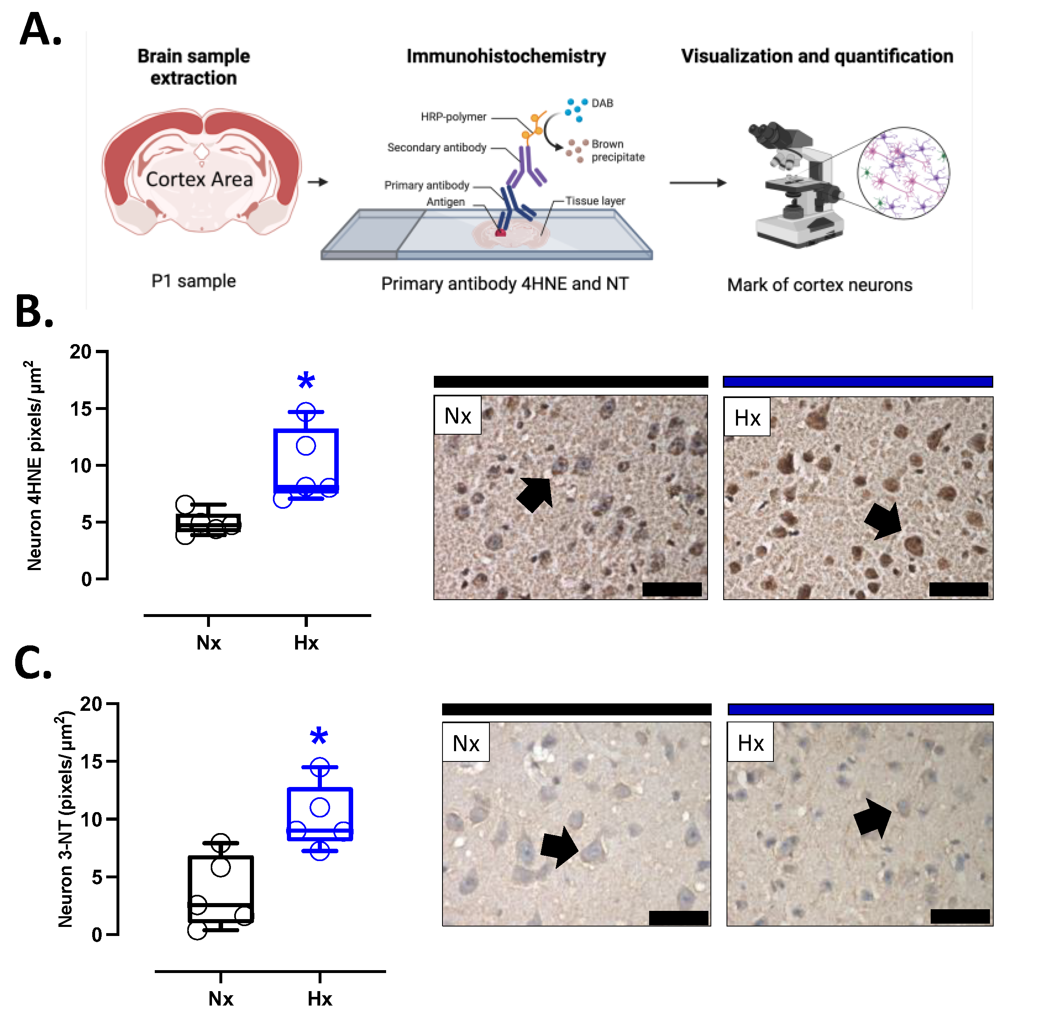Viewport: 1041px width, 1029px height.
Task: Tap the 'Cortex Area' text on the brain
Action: (199, 179)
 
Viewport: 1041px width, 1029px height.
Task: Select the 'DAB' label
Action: (602, 103)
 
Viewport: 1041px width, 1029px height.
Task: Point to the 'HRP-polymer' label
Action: (453, 117)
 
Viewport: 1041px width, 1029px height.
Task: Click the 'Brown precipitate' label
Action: (617, 151)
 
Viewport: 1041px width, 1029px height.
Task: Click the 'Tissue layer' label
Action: (595, 201)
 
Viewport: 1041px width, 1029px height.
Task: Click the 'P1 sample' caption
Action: (193, 281)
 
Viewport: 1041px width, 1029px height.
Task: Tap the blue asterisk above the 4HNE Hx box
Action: (305, 380)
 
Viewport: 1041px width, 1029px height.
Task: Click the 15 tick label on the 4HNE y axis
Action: (80, 409)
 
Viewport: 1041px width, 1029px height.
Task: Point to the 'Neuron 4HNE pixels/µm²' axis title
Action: (34, 466)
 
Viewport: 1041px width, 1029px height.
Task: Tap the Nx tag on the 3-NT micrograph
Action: (466, 743)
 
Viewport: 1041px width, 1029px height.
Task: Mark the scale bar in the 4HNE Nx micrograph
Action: (671, 589)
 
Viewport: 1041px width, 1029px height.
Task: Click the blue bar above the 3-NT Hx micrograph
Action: (860, 709)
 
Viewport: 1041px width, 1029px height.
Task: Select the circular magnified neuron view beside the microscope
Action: (903, 173)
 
